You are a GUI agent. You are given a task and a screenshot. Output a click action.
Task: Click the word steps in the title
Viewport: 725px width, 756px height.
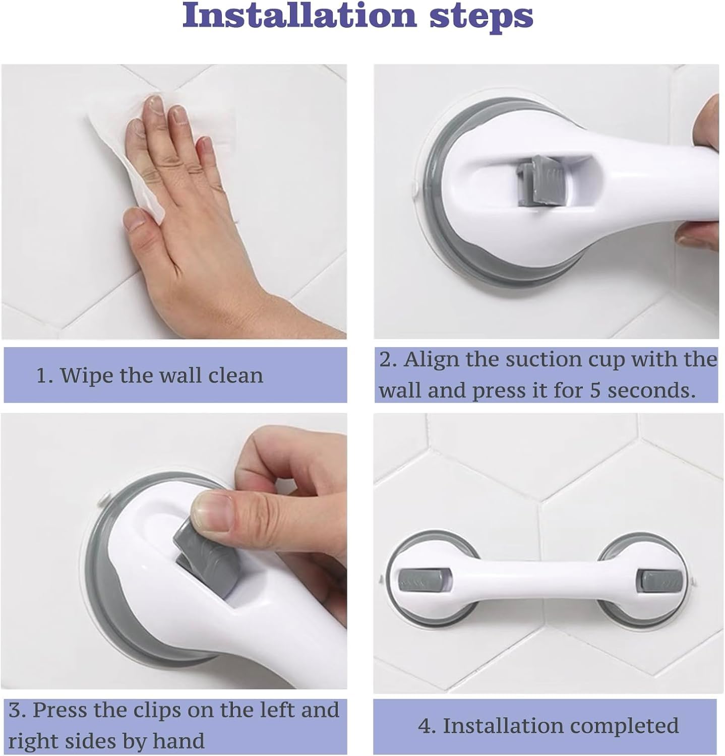coord(481,17)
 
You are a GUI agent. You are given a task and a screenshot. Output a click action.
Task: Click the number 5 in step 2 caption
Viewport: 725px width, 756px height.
coord(595,391)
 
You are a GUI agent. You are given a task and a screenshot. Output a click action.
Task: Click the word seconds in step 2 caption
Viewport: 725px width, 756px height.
coord(651,391)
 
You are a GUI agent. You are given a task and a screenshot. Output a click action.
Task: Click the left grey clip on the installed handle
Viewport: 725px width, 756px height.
coord(418,580)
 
